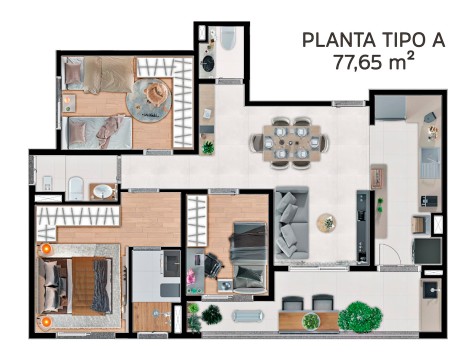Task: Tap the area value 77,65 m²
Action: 374,61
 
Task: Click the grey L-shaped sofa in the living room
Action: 291,223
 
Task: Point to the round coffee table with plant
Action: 326,223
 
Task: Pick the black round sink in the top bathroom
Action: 209,62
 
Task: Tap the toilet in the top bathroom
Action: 228,38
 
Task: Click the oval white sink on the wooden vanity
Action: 103,191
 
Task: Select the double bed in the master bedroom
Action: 75,285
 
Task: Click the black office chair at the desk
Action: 213,264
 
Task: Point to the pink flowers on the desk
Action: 191,277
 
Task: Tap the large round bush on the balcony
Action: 364,317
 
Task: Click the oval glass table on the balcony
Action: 249,316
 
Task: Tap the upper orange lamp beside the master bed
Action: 46,249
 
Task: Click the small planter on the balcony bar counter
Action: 311,321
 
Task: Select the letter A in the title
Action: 436,40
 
